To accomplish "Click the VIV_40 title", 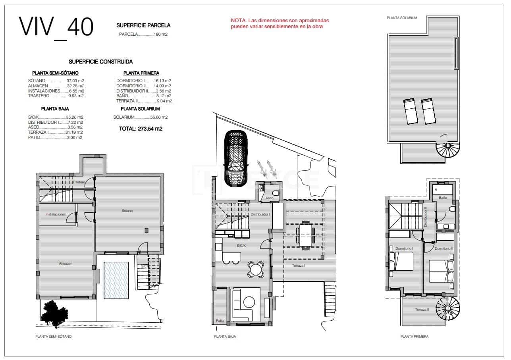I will click(56, 27).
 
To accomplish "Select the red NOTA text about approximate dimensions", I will click(280, 23).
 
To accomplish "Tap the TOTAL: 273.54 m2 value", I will click(141, 129).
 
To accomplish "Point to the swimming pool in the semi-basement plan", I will click(116, 280).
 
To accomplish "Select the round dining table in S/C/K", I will click(256, 270).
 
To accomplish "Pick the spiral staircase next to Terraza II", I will click(447, 308).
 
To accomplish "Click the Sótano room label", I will click(127, 211).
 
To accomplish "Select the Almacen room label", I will click(66, 263).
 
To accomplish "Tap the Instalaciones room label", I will click(56, 214).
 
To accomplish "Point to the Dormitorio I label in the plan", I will click(404, 248).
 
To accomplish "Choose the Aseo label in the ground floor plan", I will click(269, 198).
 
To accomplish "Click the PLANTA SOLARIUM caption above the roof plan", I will click(402, 18).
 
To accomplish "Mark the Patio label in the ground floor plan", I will click(220, 321).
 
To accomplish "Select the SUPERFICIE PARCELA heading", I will click(143, 25).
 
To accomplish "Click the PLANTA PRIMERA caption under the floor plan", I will click(415, 337).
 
